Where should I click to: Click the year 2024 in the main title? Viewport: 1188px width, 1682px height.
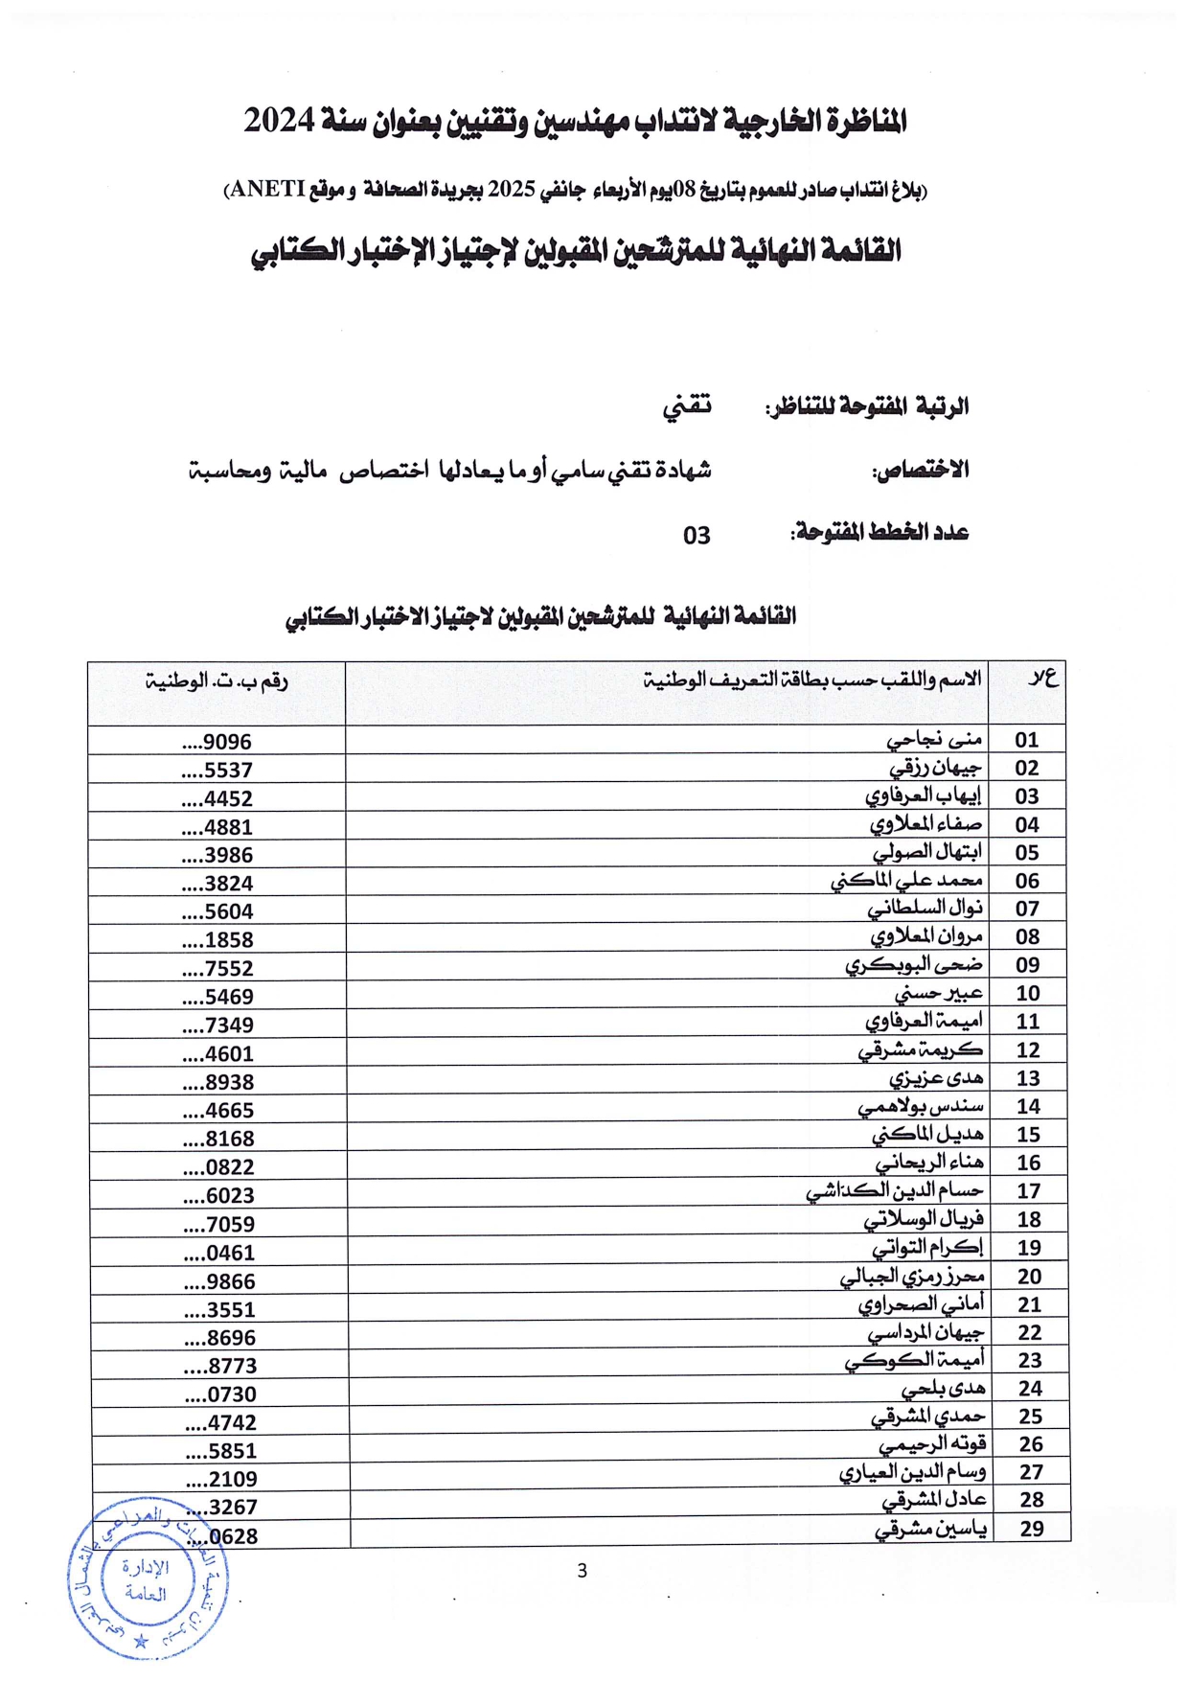pos(279,121)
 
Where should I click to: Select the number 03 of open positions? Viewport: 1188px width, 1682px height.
pos(697,536)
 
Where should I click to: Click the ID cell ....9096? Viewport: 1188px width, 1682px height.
pos(217,742)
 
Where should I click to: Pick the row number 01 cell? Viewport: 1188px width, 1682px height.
pos(1027,740)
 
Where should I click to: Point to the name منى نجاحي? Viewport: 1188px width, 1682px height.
pos(934,740)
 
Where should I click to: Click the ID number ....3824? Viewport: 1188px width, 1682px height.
pos(217,884)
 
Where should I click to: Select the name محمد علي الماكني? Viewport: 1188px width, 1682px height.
pos(906,881)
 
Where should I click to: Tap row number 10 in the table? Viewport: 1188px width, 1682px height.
pos(1028,994)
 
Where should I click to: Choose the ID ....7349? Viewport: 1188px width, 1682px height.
pos(217,1025)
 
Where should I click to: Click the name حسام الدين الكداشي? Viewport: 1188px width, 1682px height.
pos(895,1191)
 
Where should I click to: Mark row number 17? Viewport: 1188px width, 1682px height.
pos(1029,1191)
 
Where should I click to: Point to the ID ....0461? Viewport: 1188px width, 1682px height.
pos(218,1253)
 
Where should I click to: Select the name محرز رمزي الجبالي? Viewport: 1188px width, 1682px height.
pos(912,1277)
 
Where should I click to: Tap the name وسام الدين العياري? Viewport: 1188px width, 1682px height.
pos(913,1472)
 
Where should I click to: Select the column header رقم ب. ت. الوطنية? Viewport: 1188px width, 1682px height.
pos(217,681)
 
